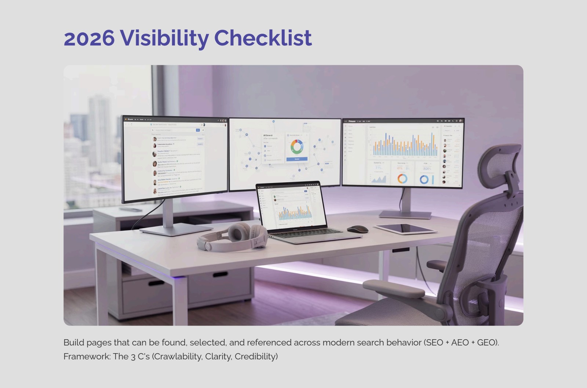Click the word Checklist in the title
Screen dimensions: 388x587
[x=263, y=38]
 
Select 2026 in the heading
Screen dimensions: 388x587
[x=89, y=38]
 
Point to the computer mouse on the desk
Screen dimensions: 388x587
[x=357, y=229]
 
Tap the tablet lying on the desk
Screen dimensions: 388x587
[x=405, y=229]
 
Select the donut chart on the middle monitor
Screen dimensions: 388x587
[x=296, y=146]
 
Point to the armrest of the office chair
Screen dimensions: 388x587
[x=394, y=288]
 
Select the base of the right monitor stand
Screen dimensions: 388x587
[x=405, y=215]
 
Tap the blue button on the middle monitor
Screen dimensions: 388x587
[x=297, y=159]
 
